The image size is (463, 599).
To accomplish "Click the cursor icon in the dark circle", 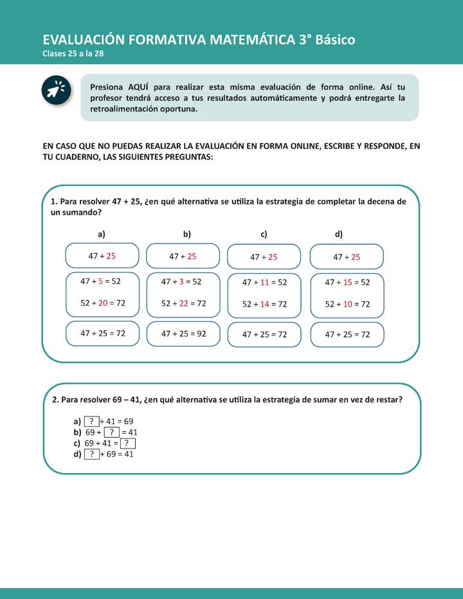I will coord(57,90).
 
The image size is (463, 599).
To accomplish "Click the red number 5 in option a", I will coord(100,281).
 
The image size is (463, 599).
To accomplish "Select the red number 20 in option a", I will coord(102,303).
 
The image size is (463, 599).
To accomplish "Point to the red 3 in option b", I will coord(181,281).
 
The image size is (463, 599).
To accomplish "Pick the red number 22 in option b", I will coord(183,303).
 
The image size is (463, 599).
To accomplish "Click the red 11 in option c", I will coord(264,282).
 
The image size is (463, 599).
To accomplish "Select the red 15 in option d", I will coord(347,282).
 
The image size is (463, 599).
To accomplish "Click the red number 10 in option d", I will coord(347,304).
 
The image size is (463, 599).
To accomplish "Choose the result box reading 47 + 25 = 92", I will coord(183,333).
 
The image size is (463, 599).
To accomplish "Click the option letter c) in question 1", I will coord(264,235).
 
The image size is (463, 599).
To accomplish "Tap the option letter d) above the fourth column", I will coord(338,235).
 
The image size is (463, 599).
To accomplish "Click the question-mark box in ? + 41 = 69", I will coord(92,422).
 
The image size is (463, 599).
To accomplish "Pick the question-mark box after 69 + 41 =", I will coord(127,443).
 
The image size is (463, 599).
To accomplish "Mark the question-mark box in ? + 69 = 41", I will coord(92,454).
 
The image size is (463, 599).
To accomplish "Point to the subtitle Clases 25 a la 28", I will coord(73,53).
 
